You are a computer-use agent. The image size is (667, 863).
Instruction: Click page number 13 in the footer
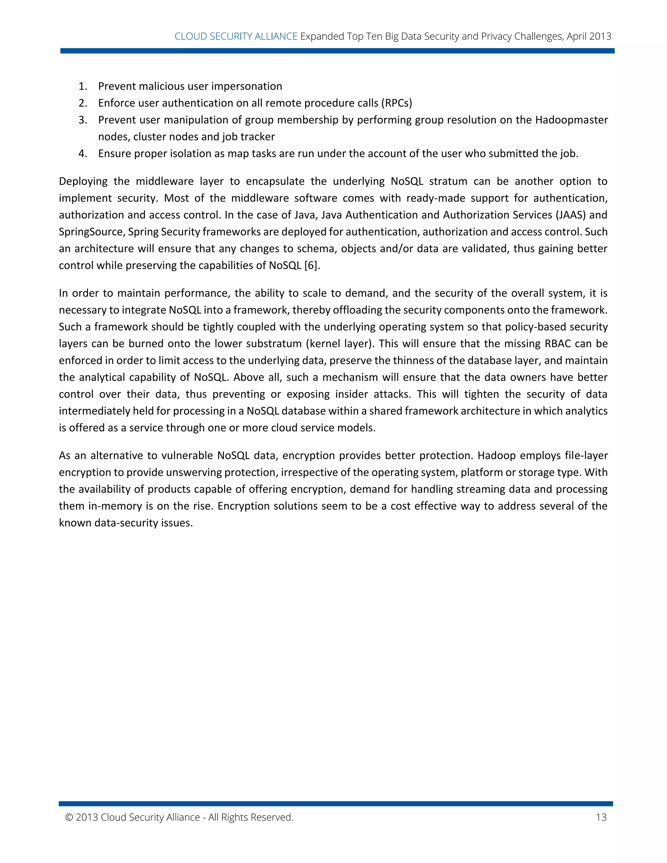(601, 817)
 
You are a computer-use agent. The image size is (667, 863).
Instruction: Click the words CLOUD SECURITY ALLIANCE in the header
(236, 36)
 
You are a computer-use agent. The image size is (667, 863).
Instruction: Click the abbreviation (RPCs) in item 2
(396, 103)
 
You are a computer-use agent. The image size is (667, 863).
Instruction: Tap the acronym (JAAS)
(571, 215)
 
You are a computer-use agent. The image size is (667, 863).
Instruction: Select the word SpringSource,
(92, 232)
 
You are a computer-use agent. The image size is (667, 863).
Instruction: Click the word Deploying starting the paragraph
(83, 181)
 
